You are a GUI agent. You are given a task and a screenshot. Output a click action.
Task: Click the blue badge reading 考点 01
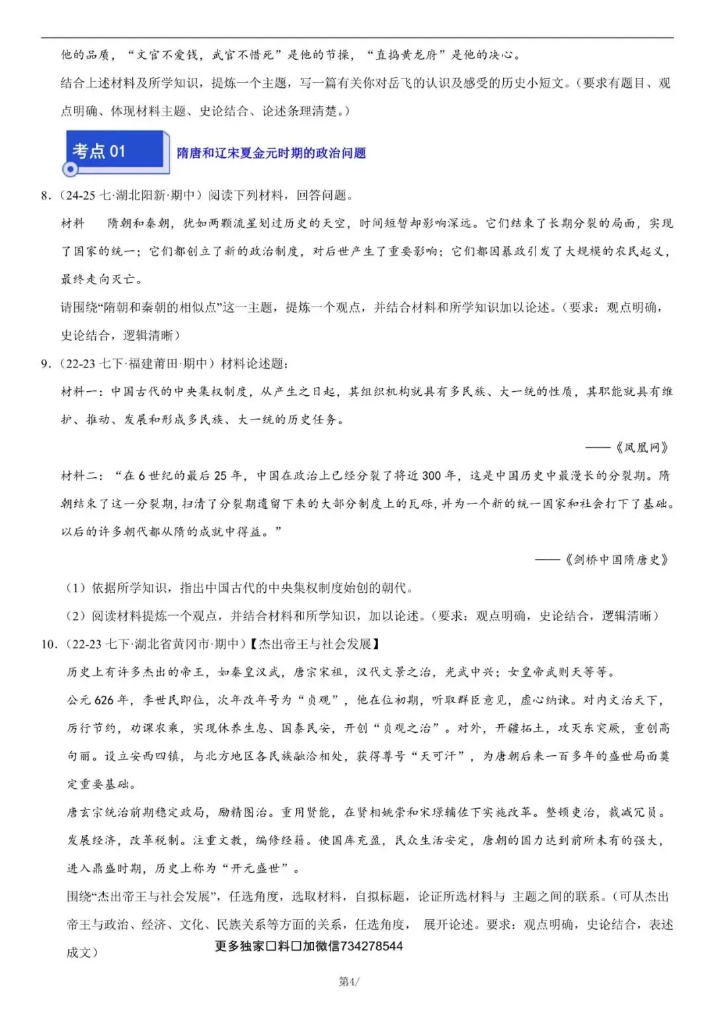pyautogui.click(x=99, y=151)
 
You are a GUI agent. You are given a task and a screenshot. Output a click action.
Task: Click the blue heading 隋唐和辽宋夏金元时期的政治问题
pyautogui.click(x=271, y=153)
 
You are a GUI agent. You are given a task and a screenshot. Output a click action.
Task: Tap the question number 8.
pyautogui.click(x=45, y=196)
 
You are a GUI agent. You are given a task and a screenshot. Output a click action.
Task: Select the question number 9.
pyautogui.click(x=45, y=363)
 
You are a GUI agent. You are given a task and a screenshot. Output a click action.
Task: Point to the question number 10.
pyautogui.click(x=48, y=644)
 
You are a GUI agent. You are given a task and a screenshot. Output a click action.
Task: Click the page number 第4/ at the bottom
pyautogui.click(x=349, y=982)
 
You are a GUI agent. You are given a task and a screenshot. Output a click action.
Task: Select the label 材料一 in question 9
pyautogui.click(x=81, y=392)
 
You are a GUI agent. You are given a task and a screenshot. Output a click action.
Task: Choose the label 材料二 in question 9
pyautogui.click(x=81, y=476)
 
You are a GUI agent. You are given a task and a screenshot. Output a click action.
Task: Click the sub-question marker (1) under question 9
pyautogui.click(x=76, y=588)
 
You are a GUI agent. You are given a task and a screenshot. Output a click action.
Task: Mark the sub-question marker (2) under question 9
pyautogui.click(x=76, y=617)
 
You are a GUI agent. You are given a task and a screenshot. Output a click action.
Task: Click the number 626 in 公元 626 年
pyautogui.click(x=104, y=700)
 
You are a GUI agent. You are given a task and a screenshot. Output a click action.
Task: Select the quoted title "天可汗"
pyautogui.click(x=438, y=756)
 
